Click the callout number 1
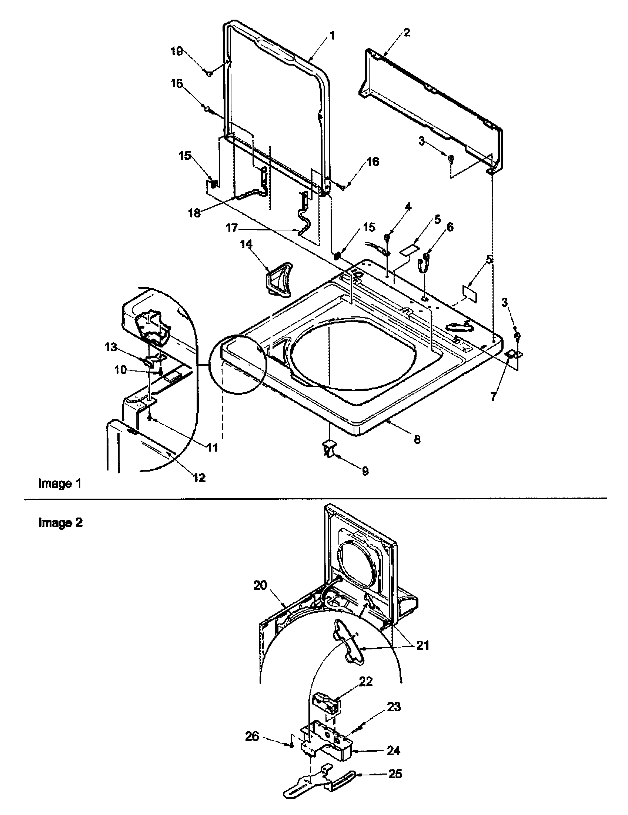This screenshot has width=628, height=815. [x=331, y=36]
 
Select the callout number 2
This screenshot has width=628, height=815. [x=407, y=33]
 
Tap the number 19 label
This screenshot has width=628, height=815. [x=177, y=51]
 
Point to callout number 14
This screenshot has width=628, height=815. [x=246, y=245]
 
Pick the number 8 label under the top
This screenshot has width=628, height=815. [x=417, y=440]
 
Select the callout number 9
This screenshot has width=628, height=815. [x=365, y=471]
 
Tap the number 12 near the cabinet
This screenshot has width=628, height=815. [x=200, y=477]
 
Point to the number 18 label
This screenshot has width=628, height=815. [x=195, y=213]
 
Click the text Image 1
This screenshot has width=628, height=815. [x=60, y=483]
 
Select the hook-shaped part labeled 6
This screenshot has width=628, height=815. [x=423, y=265]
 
